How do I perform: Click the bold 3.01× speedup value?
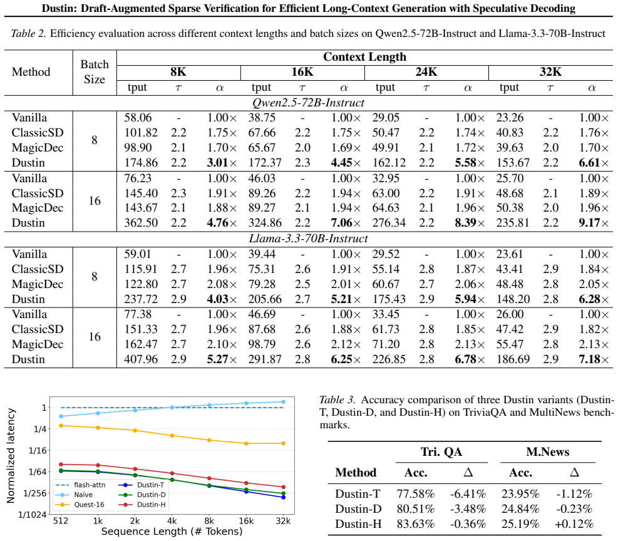tap(222, 162)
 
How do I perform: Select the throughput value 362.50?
tap(141, 223)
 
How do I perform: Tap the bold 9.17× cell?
tap(594, 223)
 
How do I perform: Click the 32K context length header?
tap(550, 72)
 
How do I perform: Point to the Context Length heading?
tap(364, 57)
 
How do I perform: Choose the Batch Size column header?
tap(95, 72)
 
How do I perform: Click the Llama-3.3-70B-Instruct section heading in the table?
tap(308, 239)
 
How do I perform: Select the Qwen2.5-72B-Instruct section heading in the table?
tap(308, 103)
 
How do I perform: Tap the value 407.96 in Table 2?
tap(141, 359)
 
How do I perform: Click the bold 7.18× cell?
tap(594, 359)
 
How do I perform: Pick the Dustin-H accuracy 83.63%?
tap(415, 524)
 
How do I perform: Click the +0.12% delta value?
tap(574, 524)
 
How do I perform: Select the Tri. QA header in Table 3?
tap(441, 451)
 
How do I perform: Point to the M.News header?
tap(547, 451)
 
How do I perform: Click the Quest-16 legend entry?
tap(80, 505)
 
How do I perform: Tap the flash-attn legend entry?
tap(80, 485)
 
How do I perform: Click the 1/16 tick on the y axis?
tap(38, 450)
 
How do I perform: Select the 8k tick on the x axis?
tap(209, 521)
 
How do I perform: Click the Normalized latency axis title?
tap(11, 456)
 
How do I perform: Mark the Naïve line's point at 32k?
tap(284, 402)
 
